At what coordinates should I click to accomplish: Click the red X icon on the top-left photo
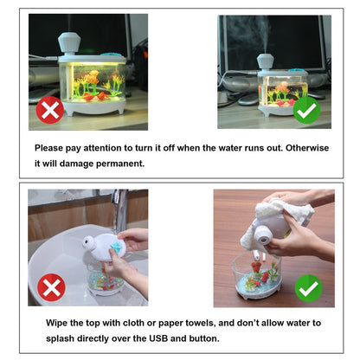click(x=50, y=110)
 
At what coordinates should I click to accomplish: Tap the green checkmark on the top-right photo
click(x=306, y=110)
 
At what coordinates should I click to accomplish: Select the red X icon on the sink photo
click(x=51, y=287)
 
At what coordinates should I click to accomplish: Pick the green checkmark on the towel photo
click(x=308, y=287)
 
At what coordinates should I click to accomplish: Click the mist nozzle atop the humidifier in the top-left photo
click(x=67, y=41)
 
